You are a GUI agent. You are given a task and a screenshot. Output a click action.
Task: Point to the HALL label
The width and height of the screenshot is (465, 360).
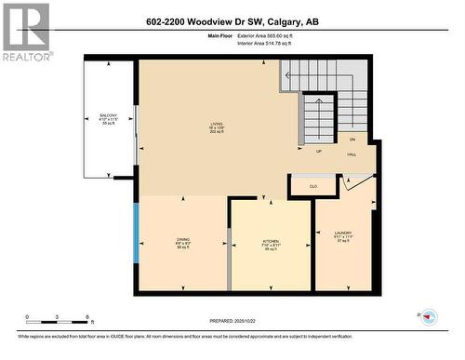click(x=354, y=152)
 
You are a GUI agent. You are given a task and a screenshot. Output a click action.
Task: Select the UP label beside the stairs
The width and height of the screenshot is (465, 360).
click(x=319, y=150)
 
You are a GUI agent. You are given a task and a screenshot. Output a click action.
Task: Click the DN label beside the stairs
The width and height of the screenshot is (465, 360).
click(x=352, y=138)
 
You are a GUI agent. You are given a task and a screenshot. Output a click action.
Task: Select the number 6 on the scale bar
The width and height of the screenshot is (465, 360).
click(x=87, y=318)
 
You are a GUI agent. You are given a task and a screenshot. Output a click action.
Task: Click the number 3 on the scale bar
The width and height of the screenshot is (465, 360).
click(x=57, y=318)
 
